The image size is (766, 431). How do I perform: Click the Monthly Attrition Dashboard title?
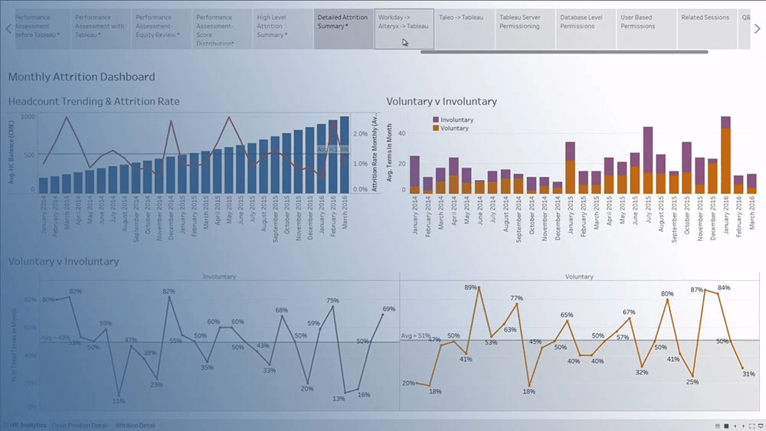tap(81, 77)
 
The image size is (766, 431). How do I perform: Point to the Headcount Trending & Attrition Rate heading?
tap(94, 101)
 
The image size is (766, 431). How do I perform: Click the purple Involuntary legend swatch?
tap(436, 120)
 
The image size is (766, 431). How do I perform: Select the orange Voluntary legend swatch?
tap(436, 129)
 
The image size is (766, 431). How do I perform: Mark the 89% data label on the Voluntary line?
tap(471, 288)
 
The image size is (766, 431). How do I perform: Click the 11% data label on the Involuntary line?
tap(119, 400)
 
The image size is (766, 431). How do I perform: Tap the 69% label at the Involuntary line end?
tap(389, 309)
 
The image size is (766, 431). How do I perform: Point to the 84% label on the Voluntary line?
tap(723, 288)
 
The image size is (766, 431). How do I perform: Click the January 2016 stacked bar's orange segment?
tap(725, 161)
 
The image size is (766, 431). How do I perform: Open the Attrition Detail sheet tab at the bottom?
tap(135, 425)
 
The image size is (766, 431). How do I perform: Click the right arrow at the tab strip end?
tap(757, 29)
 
